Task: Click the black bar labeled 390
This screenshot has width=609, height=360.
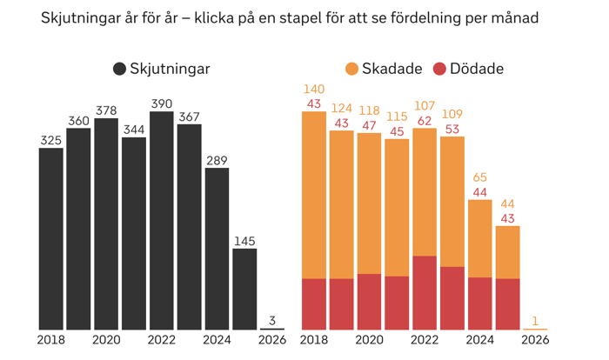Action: coord(162,221)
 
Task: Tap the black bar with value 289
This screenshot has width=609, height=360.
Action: coord(217,249)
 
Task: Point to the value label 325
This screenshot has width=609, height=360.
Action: coord(50,139)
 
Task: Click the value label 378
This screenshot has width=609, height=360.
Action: coord(106,110)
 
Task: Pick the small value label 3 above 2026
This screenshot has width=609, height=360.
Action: coord(272,319)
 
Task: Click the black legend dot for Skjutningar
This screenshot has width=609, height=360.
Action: coord(119,69)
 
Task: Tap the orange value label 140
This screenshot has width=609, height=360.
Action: coord(314,89)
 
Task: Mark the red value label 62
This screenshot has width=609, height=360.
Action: coord(425,121)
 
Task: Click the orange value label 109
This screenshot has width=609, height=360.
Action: coord(452,113)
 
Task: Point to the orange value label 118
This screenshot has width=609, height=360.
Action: coord(370,110)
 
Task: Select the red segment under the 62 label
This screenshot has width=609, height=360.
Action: coord(425,293)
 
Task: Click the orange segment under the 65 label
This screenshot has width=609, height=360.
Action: coord(480,238)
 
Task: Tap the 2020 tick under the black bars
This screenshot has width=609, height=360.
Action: coord(106,340)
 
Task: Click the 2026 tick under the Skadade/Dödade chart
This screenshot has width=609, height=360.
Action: coord(535,340)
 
